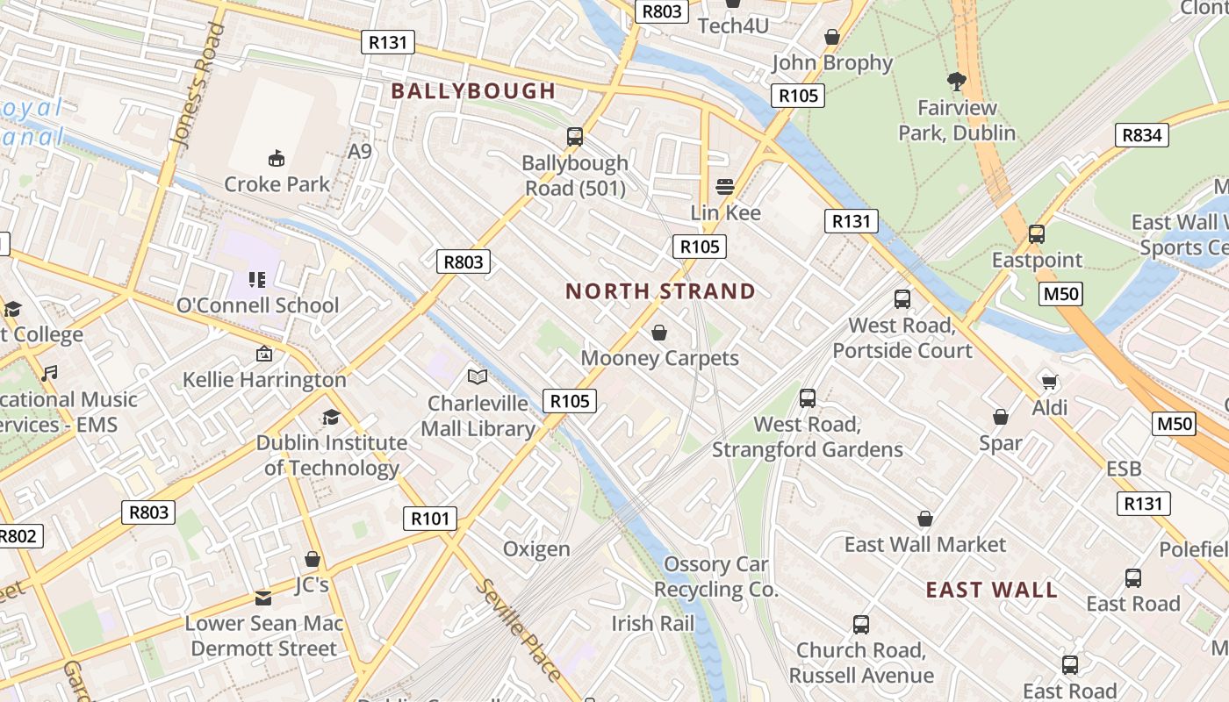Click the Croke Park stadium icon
277,158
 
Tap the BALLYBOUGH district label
473,90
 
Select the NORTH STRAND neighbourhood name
660,291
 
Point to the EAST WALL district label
992,590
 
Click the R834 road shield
1142,134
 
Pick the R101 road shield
430,519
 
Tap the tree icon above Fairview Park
957,82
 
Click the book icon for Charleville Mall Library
478,377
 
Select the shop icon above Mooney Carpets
659,333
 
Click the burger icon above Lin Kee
725,186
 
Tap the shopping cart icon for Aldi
1049,381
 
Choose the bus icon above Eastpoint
1037,234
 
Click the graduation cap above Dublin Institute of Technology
331,417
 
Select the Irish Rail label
652,624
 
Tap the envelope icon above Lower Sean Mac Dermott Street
263,598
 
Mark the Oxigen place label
536,549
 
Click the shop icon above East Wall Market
924,519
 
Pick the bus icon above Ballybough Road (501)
575,137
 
